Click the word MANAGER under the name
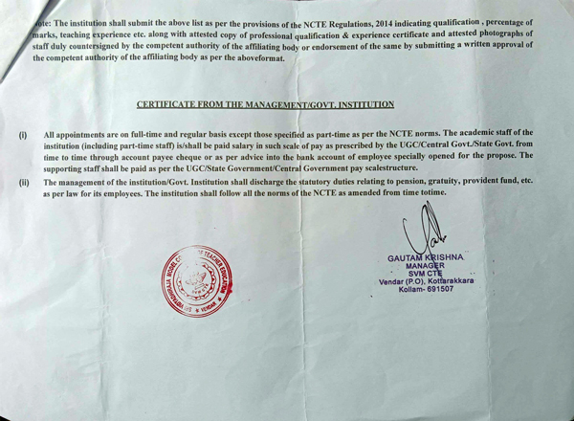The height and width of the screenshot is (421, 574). (x=421, y=267)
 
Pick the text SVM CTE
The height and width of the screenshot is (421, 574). (x=421, y=276)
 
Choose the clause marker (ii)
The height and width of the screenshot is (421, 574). (x=24, y=181)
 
